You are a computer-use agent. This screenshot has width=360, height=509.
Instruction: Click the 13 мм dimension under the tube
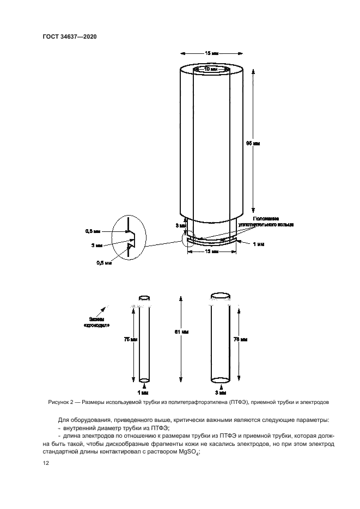(211, 252)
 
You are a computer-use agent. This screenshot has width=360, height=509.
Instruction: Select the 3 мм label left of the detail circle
(97, 246)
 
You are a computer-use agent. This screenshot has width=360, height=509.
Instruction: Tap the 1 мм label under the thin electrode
(144, 392)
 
